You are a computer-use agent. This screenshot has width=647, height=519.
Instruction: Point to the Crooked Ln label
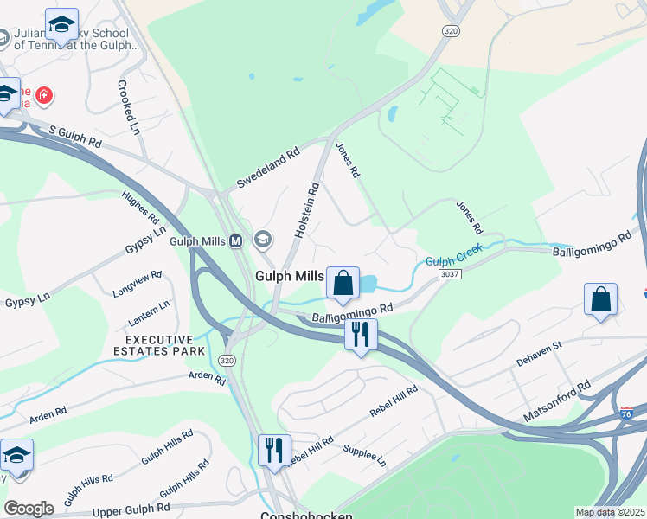pyautogui.click(x=129, y=108)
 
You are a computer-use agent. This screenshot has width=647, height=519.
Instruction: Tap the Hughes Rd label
pyautogui.click(x=140, y=206)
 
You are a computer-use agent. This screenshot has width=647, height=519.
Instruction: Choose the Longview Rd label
pyautogui.click(x=138, y=285)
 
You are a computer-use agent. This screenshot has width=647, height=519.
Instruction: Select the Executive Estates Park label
pyautogui.click(x=159, y=345)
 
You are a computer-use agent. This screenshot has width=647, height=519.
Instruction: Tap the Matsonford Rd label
pyautogui.click(x=555, y=402)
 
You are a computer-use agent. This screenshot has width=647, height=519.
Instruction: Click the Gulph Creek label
pyautogui.click(x=452, y=258)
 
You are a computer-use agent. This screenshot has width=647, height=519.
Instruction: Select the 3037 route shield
pyautogui.click(x=450, y=274)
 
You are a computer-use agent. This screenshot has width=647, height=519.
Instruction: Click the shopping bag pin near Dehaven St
pyautogui.click(x=600, y=301)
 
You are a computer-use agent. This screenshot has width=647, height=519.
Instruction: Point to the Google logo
pyautogui.click(x=29, y=509)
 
